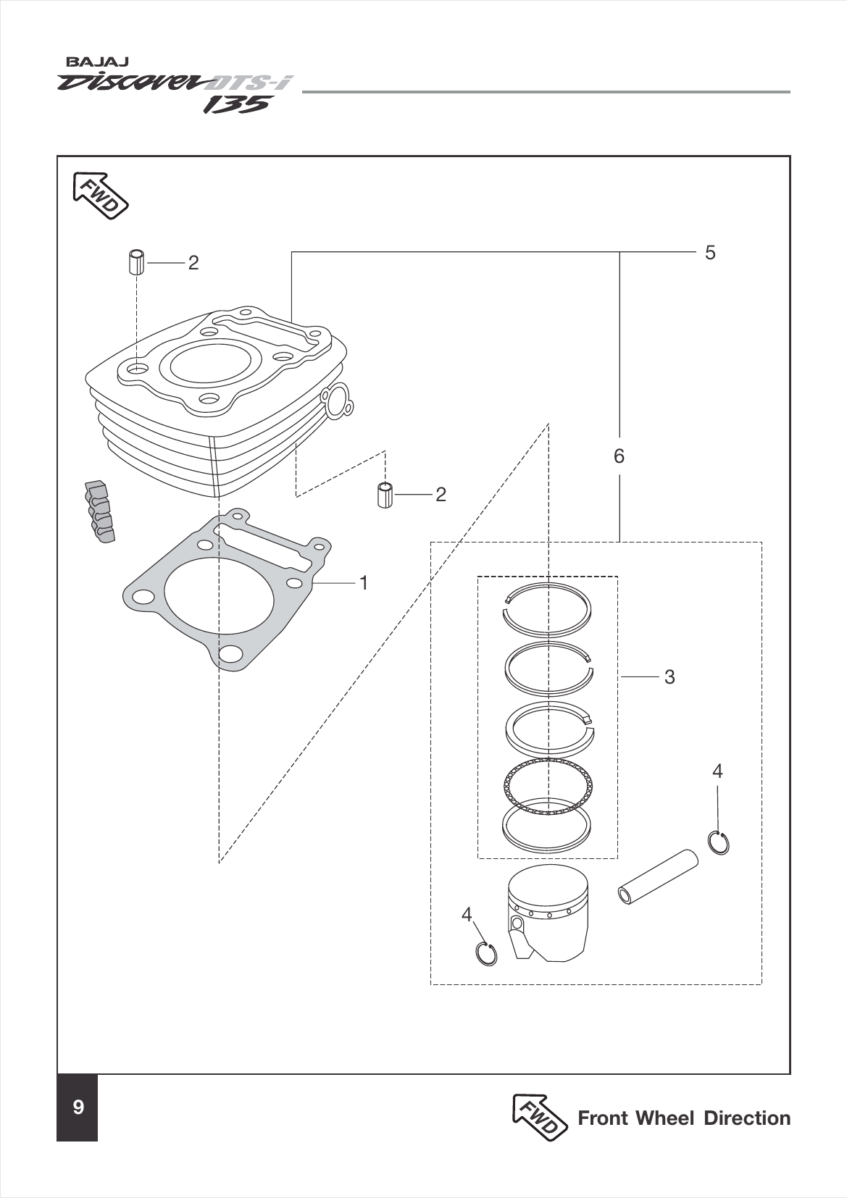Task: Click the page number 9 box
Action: coord(78,1107)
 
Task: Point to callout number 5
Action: coord(709,253)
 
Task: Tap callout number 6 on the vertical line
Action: coord(619,456)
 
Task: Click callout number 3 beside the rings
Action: coord(669,677)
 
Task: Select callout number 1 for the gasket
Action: coord(364,582)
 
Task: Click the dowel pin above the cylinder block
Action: coord(135,261)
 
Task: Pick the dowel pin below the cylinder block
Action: coord(385,495)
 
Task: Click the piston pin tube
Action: coord(658,877)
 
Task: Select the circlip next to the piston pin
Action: coord(718,842)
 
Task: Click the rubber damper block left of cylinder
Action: coord(99,511)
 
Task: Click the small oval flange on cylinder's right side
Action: coord(337,402)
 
